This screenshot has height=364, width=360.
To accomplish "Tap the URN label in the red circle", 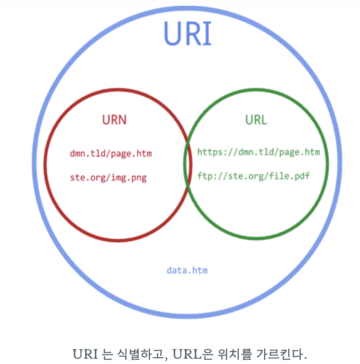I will [x=114, y=119].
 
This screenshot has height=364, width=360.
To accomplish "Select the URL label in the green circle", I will [x=256, y=119].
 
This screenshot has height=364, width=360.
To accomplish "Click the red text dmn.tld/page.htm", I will [x=111, y=154].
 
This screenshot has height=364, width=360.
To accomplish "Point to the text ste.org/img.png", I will [x=108, y=178].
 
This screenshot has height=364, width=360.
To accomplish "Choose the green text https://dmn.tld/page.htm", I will [x=258, y=152].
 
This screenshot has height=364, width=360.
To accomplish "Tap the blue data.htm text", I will [x=187, y=270].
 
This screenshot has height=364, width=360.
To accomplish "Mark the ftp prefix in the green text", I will [x=204, y=176].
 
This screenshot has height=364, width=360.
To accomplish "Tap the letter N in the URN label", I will [x=122, y=119].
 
